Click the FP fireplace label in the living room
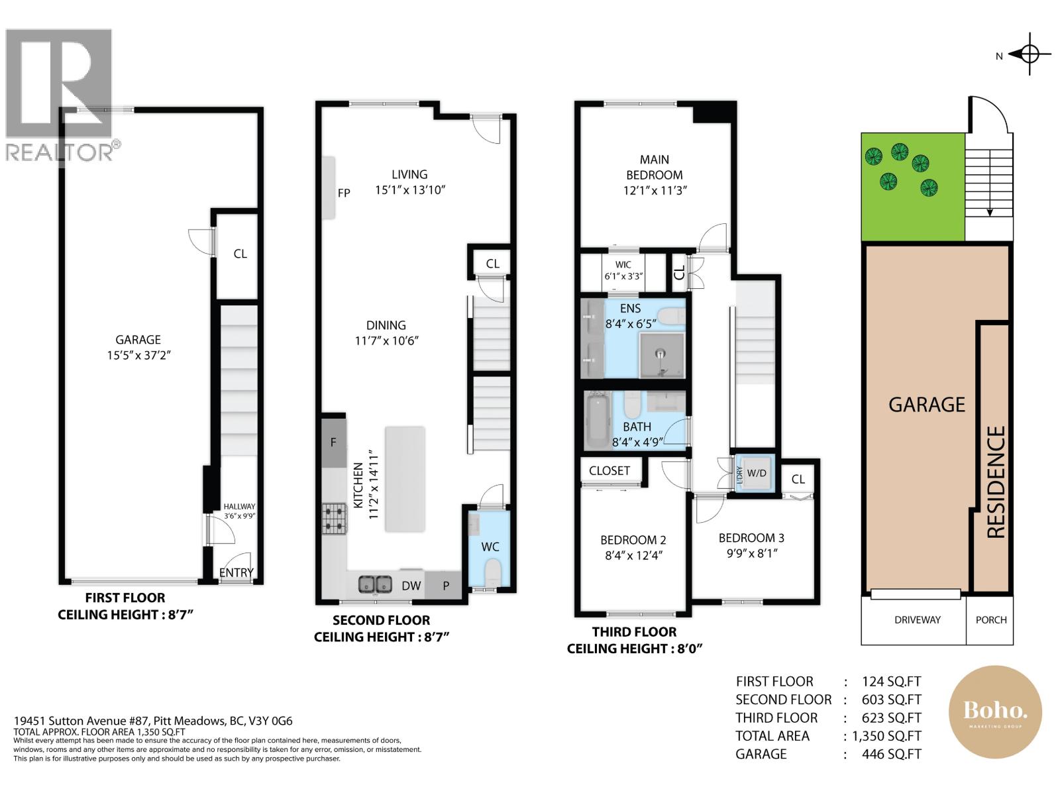[x=344, y=193]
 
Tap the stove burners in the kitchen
[x=335, y=519]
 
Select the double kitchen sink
[x=375, y=584]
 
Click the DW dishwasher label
[x=411, y=586]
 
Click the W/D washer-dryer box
[x=756, y=473]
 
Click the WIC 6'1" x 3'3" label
[x=623, y=271]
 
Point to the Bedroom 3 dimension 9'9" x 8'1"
[x=751, y=553]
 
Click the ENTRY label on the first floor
[x=237, y=572]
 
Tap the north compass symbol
[x=1029, y=54]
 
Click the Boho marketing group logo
[x=995, y=713]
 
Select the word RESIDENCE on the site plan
[x=996, y=482]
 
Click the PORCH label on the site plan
[x=990, y=620]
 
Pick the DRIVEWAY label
[x=917, y=620]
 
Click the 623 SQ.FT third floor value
[x=891, y=717]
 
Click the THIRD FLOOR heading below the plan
[x=634, y=632]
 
